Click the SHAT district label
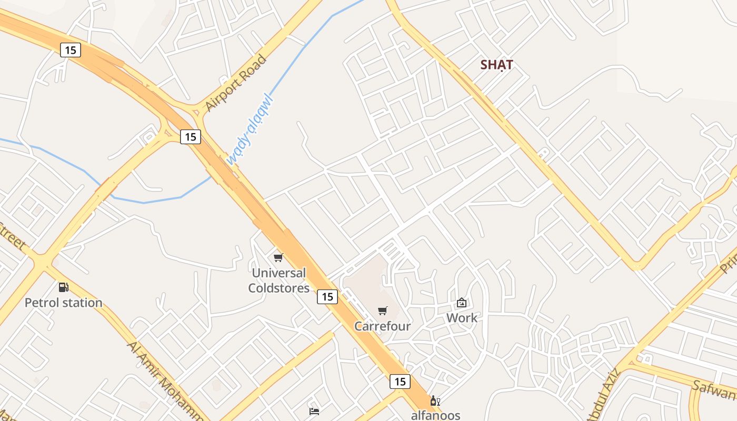coord(496,65)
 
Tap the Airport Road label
coord(235,83)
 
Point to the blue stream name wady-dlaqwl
coord(251,129)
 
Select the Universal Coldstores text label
coord(278,280)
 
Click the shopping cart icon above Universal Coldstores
coord(278,257)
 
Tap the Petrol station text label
coord(64,303)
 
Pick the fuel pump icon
coord(64,287)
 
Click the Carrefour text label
coord(382,326)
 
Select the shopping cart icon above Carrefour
coord(383,310)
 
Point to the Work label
coord(462,318)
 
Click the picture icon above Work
coord(462,303)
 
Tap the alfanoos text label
coord(435,415)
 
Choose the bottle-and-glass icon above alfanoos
coord(435,401)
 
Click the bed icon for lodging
coord(314,411)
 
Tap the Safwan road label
coord(715,390)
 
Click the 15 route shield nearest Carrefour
coord(327,297)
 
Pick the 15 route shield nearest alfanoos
coord(400,382)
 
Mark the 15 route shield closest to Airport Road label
coord(191,137)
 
